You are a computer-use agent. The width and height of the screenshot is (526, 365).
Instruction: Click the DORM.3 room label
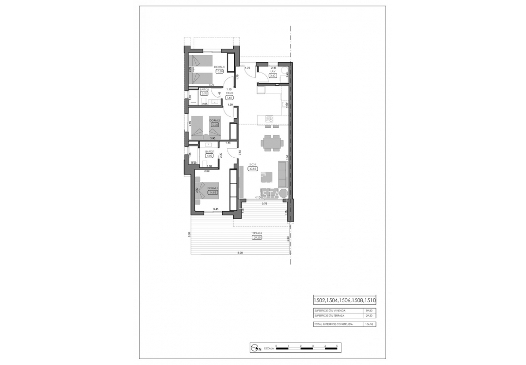pos(219,67)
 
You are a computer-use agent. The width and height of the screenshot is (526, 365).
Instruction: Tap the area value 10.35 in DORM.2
pos(215,125)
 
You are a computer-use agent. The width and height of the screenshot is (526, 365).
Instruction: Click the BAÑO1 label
pos(210,152)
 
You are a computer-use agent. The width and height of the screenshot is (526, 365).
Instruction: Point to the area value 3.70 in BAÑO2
pos(204,93)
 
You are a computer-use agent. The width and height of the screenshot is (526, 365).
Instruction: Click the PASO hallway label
pos(229,93)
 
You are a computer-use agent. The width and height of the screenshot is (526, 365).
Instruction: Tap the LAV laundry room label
pos(273,71)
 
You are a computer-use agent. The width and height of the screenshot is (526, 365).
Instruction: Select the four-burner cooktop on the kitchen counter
pos(269,118)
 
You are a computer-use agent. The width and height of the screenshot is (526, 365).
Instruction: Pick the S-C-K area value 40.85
pos(253,169)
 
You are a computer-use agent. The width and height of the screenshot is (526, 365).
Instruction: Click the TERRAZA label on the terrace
pos(257,234)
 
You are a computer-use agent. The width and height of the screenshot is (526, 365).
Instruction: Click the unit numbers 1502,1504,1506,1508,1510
pos(344,301)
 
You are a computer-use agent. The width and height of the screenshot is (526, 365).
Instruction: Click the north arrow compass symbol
pos(254,347)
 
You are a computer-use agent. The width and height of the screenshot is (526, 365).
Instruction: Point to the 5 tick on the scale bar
pos(337,346)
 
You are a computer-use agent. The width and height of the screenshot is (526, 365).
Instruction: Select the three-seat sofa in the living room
pos(282,174)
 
